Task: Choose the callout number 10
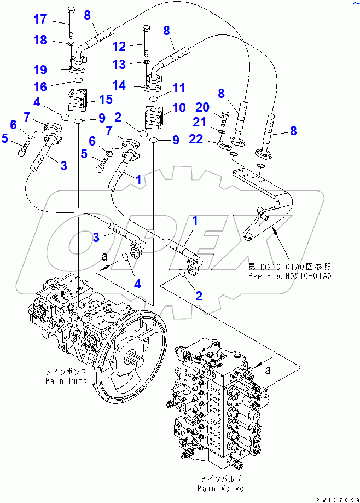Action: pos(178,108)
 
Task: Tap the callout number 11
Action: pos(178,88)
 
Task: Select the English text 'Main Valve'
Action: pos(222,488)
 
